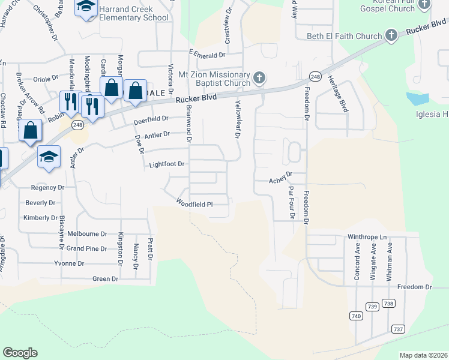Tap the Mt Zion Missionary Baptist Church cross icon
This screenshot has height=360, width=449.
coord(259,77)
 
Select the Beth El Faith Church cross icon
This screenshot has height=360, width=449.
coord(391,35)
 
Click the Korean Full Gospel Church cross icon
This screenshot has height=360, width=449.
coord(424,5)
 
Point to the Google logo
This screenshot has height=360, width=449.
coord(20,353)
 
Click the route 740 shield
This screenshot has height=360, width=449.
coord(357,316)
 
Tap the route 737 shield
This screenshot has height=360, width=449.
coord(398,329)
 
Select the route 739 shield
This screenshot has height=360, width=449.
coord(373,307)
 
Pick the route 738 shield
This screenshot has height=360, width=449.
coord(389,304)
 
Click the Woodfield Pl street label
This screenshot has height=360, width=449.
coord(194,204)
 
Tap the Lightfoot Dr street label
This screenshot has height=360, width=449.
coord(166,164)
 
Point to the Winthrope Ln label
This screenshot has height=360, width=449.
coord(368,237)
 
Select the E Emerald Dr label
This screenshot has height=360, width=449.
coord(206,54)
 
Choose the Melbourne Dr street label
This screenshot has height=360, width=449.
coord(87,233)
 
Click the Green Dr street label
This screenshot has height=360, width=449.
coord(105,279)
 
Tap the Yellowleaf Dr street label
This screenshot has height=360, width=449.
coord(237,119)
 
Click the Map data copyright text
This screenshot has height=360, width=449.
coord(423,355)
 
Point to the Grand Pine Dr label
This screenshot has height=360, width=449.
coord(86,248)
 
